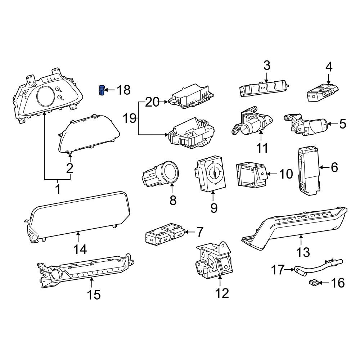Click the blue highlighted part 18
click(x=102, y=90)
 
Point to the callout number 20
click(x=152, y=102)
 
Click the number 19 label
click(x=130, y=118)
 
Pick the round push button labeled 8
click(x=170, y=172)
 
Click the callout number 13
click(x=303, y=252)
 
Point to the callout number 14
click(x=80, y=249)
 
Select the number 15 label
click(x=94, y=294)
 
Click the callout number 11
click(x=262, y=148)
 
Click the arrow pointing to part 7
click(x=189, y=232)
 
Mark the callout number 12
click(x=222, y=293)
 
